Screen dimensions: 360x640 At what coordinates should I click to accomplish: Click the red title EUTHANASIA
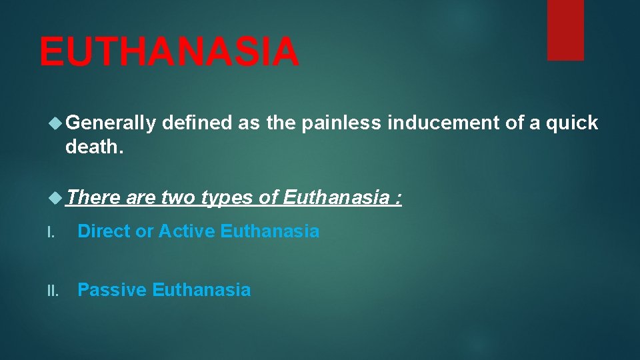(169, 52)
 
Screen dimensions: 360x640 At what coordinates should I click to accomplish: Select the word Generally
(111, 123)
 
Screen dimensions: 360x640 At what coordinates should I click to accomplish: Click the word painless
(343, 123)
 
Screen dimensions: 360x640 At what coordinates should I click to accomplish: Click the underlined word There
(93, 197)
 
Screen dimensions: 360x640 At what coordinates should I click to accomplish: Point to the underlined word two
(177, 197)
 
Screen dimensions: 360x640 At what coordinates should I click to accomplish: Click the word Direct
(104, 231)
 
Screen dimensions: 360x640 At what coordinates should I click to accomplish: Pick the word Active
(187, 231)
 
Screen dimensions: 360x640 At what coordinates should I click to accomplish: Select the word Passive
(112, 290)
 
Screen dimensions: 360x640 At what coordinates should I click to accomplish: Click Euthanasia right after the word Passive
(201, 290)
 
